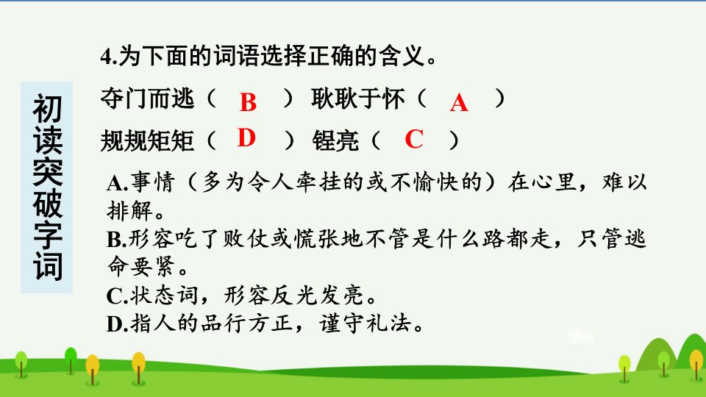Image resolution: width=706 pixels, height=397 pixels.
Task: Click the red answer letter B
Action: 248,102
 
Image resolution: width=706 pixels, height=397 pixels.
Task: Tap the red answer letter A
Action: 459,102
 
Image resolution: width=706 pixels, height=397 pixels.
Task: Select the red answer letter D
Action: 246,137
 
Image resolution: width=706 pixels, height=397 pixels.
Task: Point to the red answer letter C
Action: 414,139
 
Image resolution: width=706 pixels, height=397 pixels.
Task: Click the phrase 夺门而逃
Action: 147,99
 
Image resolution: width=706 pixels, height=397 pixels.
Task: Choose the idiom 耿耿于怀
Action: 358,99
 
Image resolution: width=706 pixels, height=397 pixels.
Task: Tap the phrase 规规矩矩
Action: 147,140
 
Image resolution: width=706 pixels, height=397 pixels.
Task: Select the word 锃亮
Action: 335,140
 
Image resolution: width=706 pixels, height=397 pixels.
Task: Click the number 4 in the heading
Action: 105,57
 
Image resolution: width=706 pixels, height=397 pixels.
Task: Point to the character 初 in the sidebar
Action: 47,109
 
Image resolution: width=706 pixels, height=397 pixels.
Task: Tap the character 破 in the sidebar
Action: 47,203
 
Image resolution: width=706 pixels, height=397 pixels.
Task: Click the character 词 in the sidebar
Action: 47,266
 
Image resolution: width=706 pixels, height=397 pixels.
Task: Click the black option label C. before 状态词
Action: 117,296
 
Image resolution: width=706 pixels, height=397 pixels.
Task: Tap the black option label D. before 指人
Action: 118,324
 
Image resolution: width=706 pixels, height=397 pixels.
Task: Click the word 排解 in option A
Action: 130,210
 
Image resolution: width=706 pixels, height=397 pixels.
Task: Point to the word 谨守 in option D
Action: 341,323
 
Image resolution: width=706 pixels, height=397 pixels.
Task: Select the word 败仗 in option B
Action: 246,239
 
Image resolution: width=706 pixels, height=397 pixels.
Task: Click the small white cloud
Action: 581,337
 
